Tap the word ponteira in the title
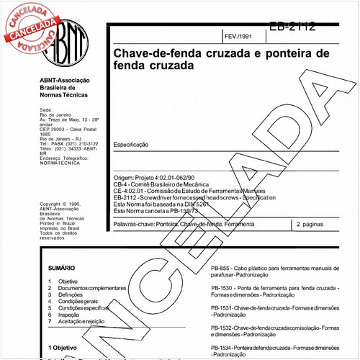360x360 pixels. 287,54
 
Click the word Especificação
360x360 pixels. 131,145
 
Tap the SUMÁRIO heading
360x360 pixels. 61,268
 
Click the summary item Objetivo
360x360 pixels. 68,281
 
